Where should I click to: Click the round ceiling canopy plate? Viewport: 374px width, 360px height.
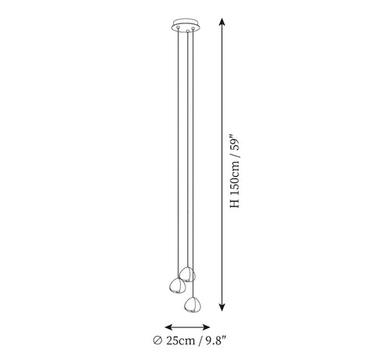(186, 26)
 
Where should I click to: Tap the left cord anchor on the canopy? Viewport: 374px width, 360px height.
(178, 26)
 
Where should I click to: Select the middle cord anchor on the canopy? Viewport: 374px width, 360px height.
(188, 31)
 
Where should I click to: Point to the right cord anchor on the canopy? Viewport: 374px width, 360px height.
(193, 28)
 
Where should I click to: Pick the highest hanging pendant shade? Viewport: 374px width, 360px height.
(187, 274)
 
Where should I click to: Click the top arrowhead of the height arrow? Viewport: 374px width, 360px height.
(221, 22)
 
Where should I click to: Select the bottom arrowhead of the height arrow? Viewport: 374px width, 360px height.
(221, 307)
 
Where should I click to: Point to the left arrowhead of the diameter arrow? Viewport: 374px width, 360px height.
(169, 327)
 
